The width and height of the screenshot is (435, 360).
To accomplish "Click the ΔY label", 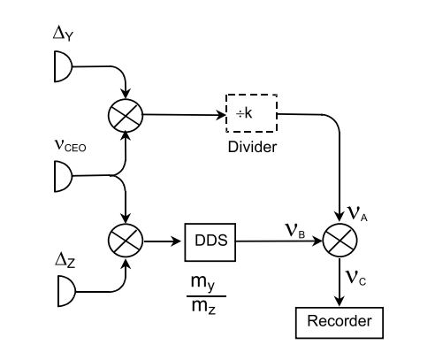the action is tap(63, 34).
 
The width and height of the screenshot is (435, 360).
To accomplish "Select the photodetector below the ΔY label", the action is tap(63, 66).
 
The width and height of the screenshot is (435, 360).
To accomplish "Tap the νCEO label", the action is tap(71, 145).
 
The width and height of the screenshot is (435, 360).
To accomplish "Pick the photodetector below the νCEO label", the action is tap(63, 176).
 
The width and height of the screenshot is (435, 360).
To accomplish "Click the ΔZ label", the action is tap(65, 260).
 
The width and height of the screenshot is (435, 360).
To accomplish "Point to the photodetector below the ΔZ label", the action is tap(66, 291).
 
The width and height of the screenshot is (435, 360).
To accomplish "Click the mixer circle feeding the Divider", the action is tap(126, 115).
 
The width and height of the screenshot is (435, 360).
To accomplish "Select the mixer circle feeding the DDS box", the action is tap(126, 241).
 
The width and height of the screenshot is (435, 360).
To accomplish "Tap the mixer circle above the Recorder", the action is tap(340, 241).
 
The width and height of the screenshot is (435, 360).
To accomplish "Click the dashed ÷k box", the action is tap(251, 113).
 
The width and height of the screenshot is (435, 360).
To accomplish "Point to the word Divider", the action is tap(252, 147).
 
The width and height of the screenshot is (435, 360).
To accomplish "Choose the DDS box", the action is tap(210, 242).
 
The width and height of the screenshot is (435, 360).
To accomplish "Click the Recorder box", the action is tap(340, 323).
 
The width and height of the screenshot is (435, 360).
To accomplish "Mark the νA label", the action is tap(357, 214).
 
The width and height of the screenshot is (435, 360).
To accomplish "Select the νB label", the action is tap(294, 231).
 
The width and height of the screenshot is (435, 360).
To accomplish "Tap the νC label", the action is tap(355, 278).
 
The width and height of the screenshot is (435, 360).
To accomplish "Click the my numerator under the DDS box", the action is tap(202, 282).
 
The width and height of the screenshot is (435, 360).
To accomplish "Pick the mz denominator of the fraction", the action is tap(203, 307).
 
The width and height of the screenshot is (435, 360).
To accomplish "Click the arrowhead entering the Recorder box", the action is tap(340, 302).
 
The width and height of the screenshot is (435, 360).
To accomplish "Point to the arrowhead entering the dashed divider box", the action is tap(220, 115).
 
